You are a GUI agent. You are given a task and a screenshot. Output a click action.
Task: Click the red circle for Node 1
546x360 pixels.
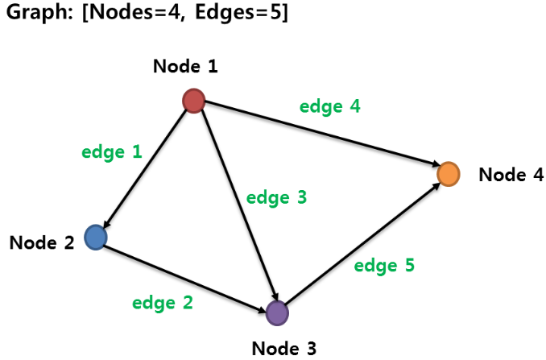[193, 101]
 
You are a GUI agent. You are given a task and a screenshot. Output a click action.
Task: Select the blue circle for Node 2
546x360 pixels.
[96, 237]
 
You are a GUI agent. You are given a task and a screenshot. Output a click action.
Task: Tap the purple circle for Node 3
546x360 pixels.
[277, 312]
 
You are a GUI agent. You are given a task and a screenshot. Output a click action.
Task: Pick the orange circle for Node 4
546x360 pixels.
[448, 173]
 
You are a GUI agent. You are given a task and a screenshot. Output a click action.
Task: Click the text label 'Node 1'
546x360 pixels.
[185, 66]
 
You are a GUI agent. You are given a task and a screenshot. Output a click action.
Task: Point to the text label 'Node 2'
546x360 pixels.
[42, 242]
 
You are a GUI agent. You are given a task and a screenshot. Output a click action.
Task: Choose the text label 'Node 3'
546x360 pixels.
[284, 348]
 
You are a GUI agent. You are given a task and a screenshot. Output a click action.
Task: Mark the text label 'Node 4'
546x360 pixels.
[511, 175]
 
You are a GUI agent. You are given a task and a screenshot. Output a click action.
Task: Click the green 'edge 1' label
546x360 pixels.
[112, 151]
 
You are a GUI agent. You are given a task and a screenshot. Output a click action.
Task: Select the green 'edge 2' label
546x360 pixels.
[163, 304]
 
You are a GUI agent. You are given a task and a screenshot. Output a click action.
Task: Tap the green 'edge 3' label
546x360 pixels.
[276, 197]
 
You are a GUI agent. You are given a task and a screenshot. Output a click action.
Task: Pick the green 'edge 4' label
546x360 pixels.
[330, 106]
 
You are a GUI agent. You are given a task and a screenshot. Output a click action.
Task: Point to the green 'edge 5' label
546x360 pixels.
[384, 266]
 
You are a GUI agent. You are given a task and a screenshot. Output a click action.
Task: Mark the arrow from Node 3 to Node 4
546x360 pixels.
[362, 243]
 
